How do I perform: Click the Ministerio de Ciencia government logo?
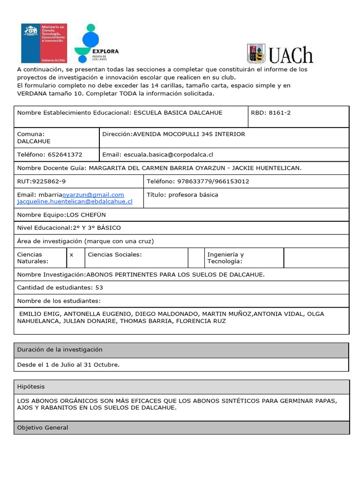[x=44, y=43]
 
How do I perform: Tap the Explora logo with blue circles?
[x=97, y=43]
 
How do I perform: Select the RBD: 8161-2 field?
[x=271, y=113]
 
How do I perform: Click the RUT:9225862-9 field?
[x=42, y=181]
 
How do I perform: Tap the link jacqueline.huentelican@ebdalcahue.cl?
[x=75, y=202]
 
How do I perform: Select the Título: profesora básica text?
[x=182, y=195]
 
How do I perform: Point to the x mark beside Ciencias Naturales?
[x=71, y=255]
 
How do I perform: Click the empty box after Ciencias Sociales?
[x=195, y=258]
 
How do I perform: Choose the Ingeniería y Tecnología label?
[x=225, y=258]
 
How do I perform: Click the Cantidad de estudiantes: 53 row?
[x=60, y=287]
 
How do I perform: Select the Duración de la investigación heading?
[x=60, y=350]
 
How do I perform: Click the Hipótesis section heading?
[x=31, y=387]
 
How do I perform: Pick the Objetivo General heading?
[x=43, y=427]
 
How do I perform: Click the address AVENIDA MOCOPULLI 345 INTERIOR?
[x=189, y=134]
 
